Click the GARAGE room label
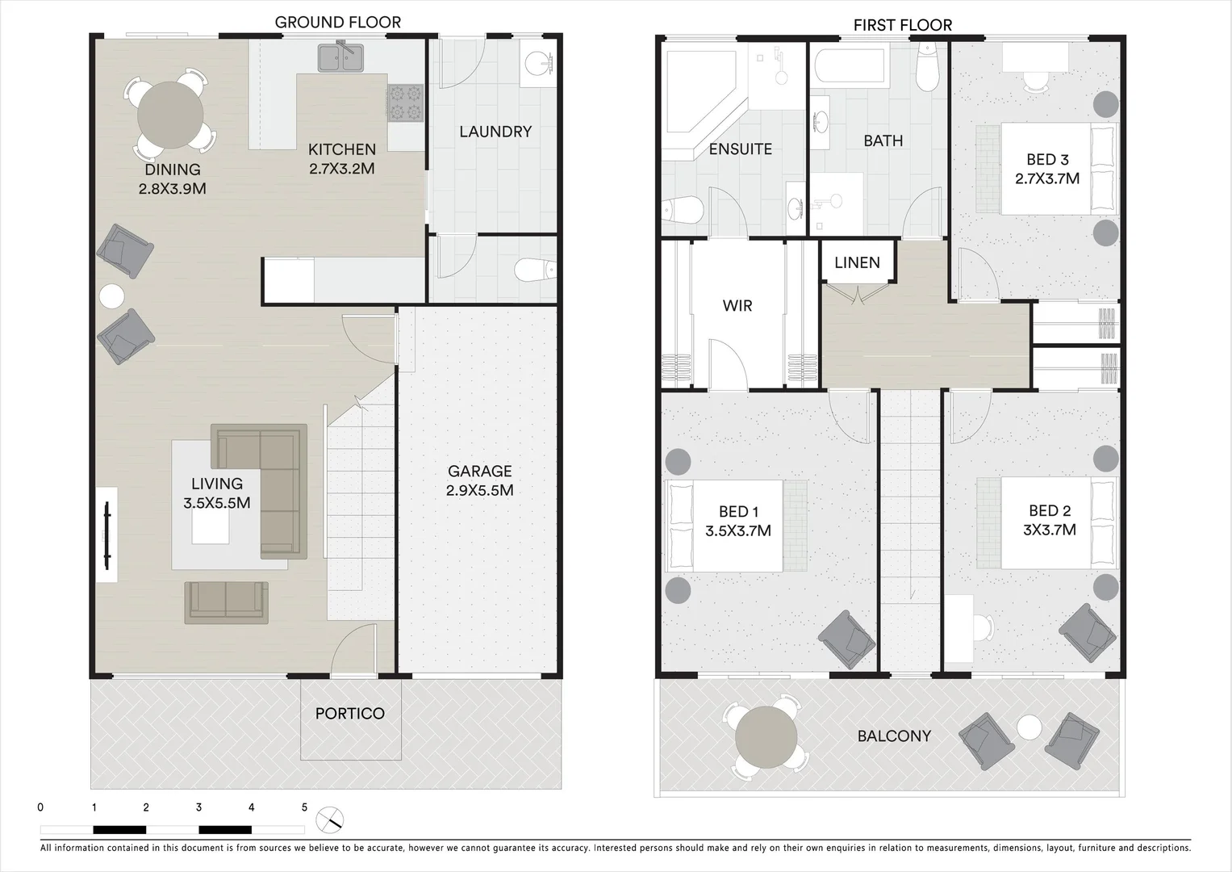pos(480,471)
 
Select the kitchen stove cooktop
pos(405,103)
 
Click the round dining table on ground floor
pos(170,115)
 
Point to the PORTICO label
pos(349,714)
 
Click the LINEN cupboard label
pos(857,262)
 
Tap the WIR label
pos(737,306)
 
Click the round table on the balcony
pos(766,737)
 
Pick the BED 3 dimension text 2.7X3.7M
pos(1047,178)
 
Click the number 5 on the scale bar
pos(304,807)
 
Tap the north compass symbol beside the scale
pos(331,820)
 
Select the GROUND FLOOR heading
pos(337,22)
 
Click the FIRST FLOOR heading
pos(902,25)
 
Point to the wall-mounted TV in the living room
pos(107,535)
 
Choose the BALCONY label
pos(894,736)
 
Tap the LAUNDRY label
pos(495,132)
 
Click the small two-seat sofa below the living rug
pos(227,602)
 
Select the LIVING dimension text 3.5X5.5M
pos(216,503)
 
